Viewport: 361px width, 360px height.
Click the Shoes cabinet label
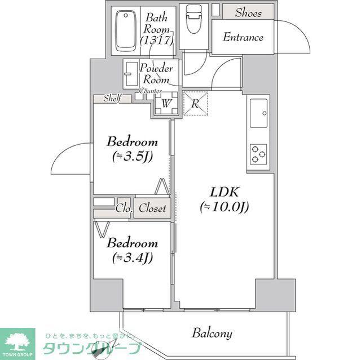click(x=248, y=12)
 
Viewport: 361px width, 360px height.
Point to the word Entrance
click(x=243, y=38)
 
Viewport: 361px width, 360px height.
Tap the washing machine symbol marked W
click(x=166, y=103)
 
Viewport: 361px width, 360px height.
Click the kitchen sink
click(x=259, y=113)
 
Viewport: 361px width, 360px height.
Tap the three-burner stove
click(x=259, y=154)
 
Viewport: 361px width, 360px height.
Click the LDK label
click(x=222, y=192)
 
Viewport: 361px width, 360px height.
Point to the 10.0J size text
click(x=224, y=207)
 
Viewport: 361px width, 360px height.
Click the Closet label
click(x=153, y=208)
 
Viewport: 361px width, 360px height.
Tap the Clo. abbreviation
click(x=124, y=208)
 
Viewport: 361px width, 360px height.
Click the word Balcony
click(x=212, y=333)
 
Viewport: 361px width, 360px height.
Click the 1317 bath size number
click(x=157, y=41)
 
